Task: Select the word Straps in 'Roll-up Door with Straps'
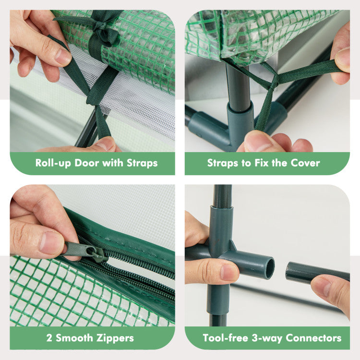[x=142, y=163]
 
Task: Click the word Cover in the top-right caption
[x=305, y=163]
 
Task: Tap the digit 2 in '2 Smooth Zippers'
[x=49, y=338]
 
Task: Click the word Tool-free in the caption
[x=225, y=338]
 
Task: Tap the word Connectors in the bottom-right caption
[x=313, y=338]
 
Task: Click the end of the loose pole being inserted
[x=290, y=272]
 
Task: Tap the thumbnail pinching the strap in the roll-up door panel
[x=62, y=57]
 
